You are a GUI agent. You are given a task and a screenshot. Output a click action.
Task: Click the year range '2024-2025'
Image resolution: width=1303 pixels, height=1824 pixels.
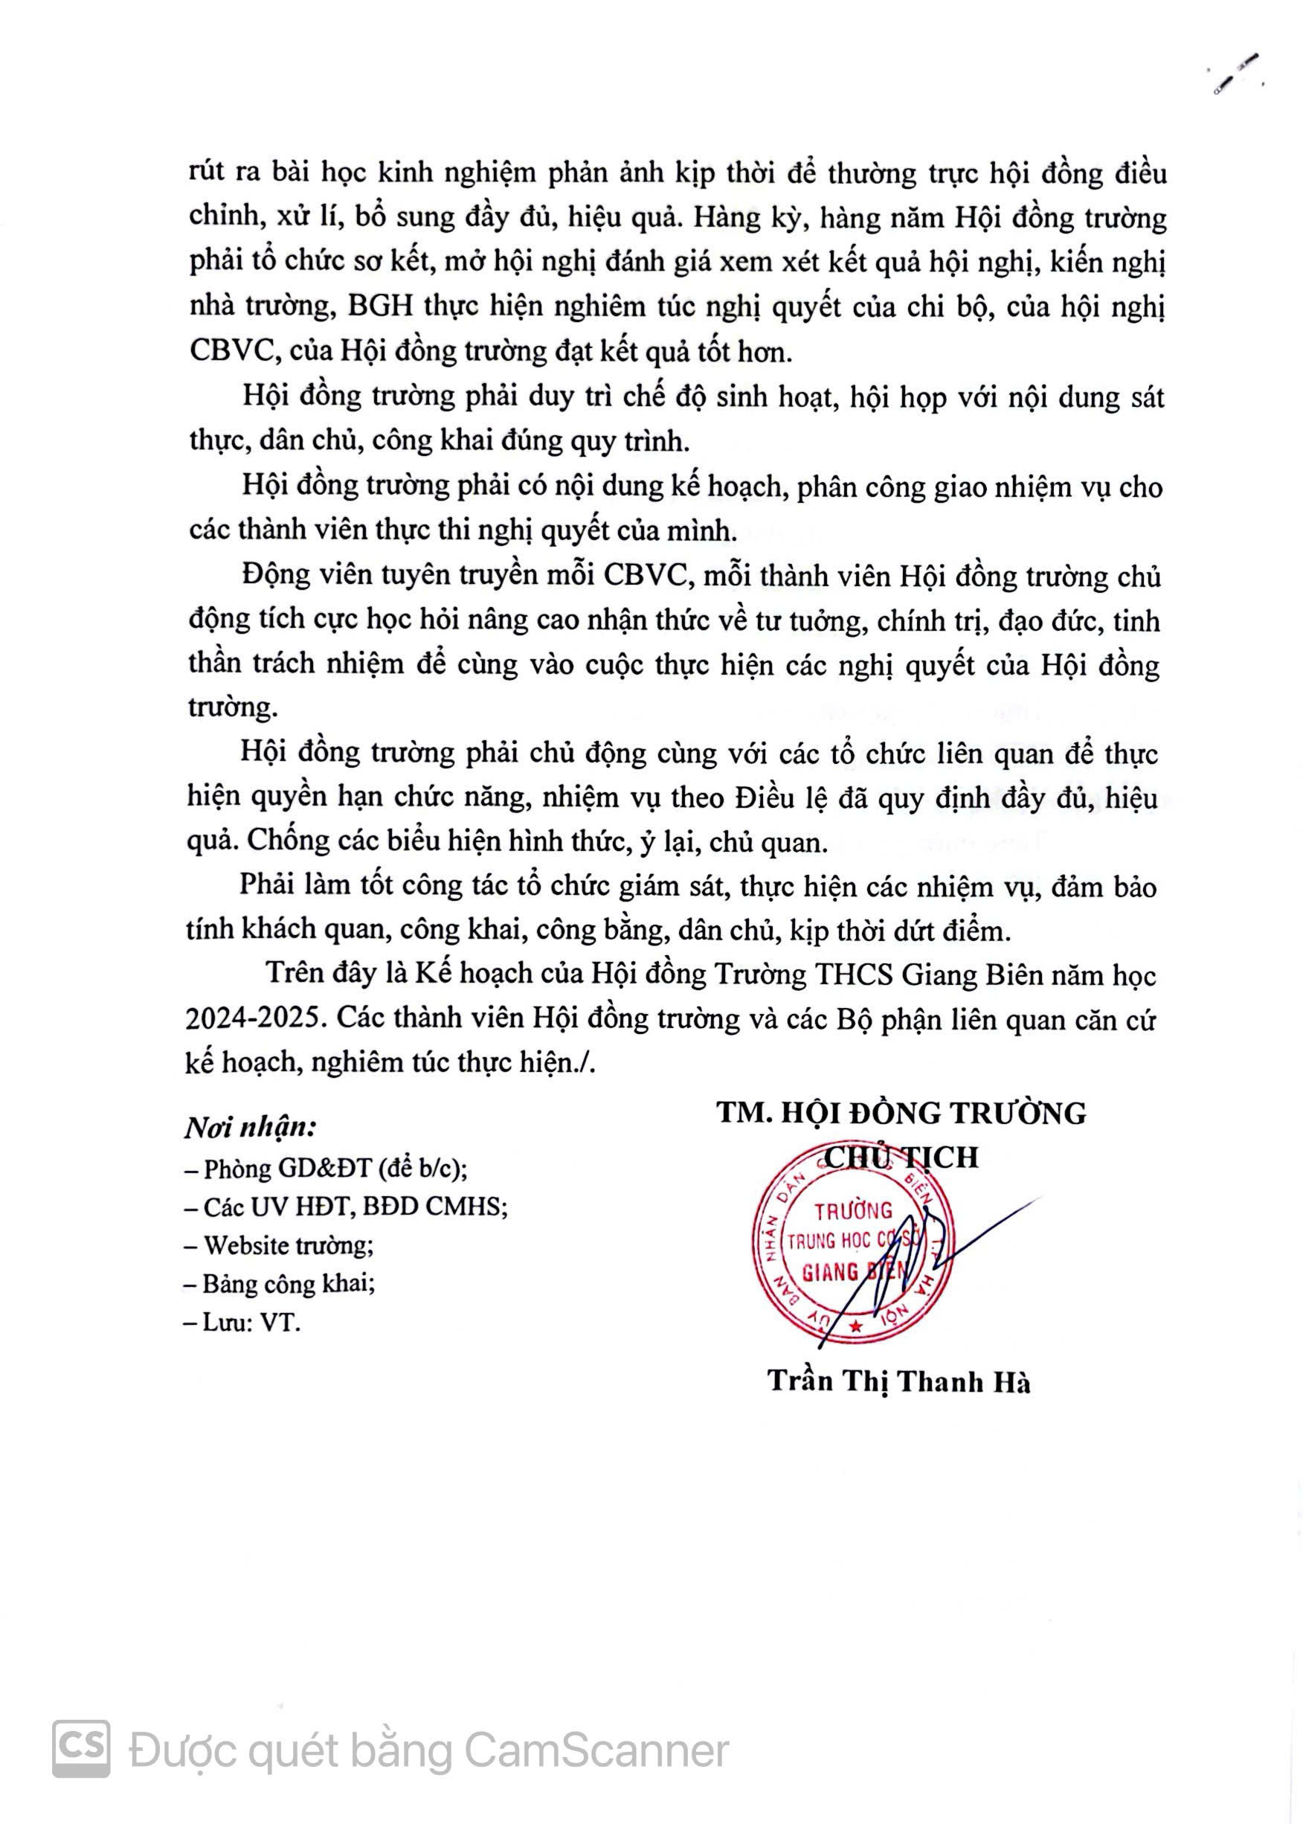[257, 1018]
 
